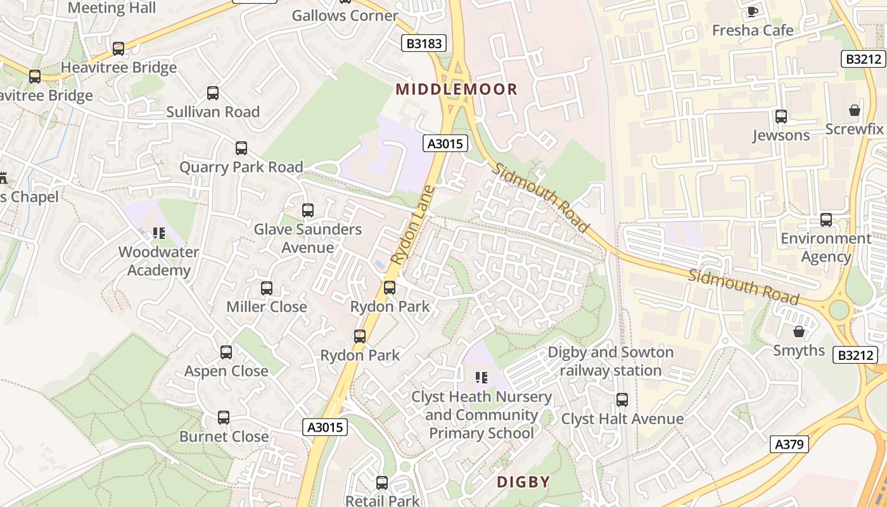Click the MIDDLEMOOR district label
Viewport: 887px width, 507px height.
tap(457, 89)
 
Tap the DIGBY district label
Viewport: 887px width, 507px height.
tap(523, 482)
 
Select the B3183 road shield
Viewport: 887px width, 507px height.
tap(424, 43)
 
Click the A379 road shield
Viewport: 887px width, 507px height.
tap(790, 444)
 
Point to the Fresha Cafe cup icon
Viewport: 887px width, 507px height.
tap(752, 11)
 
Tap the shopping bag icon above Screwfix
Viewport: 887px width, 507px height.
tap(854, 110)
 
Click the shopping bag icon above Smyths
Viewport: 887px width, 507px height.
tap(798, 331)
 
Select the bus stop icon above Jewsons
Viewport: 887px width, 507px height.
tap(781, 117)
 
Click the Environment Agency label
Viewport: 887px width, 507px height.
tap(826, 248)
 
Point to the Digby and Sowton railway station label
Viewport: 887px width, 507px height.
tap(610, 361)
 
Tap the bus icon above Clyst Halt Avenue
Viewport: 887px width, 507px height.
tap(622, 400)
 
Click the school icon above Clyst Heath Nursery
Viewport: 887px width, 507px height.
tap(481, 378)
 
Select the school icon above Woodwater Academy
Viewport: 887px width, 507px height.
tap(158, 233)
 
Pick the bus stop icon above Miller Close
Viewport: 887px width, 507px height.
tap(266, 288)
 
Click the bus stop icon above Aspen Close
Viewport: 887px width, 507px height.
tap(226, 352)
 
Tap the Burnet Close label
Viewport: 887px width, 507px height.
tap(224, 437)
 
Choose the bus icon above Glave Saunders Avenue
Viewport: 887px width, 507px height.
tap(307, 210)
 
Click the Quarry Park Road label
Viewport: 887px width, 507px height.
tap(241, 167)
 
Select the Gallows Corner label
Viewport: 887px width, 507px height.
tap(345, 16)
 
